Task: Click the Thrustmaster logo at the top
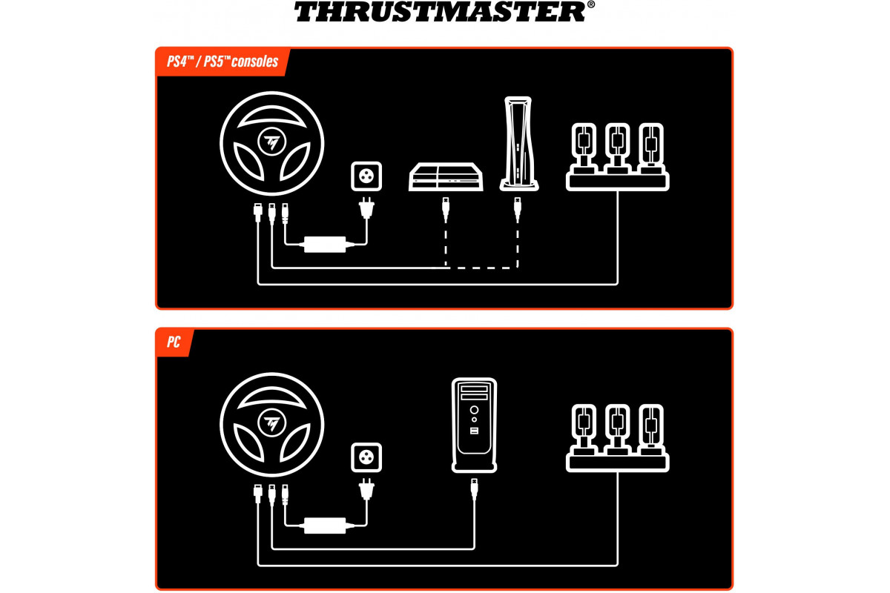[444, 11]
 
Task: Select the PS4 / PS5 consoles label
[222, 62]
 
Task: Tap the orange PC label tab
[174, 342]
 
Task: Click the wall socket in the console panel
[366, 176]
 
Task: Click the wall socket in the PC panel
[366, 457]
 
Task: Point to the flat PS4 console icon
[446, 176]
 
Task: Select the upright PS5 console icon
[518, 143]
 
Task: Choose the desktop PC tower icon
[474, 425]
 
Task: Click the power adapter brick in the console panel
[325, 245]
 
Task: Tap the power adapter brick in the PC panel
[325, 526]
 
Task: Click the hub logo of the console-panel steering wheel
[271, 142]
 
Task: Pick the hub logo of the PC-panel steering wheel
[271, 423]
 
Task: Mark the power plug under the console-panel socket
[366, 208]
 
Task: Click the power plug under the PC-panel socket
[366, 489]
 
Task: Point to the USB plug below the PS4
[446, 209]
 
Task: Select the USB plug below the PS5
[518, 209]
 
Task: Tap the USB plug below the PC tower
[474, 490]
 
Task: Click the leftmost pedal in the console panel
[584, 148]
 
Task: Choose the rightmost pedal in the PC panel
[651, 429]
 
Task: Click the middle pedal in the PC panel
[617, 429]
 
